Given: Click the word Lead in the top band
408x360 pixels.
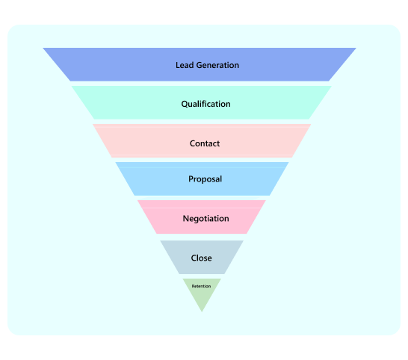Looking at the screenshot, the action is click(x=185, y=65).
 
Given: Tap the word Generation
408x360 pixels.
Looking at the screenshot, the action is click(x=217, y=65).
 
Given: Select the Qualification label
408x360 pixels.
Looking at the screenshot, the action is click(x=205, y=104).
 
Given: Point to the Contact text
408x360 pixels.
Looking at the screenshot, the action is click(x=205, y=143).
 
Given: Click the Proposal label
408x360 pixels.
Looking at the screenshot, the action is click(x=205, y=179).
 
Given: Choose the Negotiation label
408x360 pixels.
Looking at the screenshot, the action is click(x=205, y=219).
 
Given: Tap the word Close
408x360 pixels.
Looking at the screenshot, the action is click(x=202, y=258).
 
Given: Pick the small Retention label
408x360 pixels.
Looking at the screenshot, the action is click(x=201, y=286).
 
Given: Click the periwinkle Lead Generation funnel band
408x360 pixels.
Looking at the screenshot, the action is click(x=200, y=64).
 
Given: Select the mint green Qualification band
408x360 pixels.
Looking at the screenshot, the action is click(x=202, y=102).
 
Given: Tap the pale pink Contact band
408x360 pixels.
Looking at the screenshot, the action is click(x=202, y=140).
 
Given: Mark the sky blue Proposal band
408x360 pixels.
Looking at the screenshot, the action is click(x=203, y=179).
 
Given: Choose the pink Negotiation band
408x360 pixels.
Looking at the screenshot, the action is click(x=202, y=217).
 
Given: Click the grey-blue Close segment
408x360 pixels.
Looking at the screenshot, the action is click(x=202, y=257).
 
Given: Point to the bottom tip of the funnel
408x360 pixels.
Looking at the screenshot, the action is click(x=202, y=311).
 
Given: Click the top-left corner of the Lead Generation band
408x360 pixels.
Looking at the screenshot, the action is click(x=43, y=48).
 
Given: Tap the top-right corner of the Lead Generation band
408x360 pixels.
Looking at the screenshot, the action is click(x=356, y=48).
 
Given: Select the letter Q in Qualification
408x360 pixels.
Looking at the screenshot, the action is click(x=185, y=105).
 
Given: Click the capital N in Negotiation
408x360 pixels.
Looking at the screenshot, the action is click(x=186, y=219).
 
